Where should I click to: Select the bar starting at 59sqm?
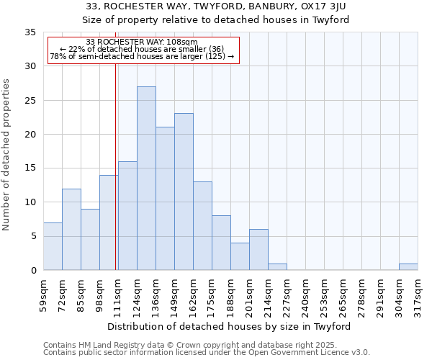[x=53, y=246]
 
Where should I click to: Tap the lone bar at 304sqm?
[x=408, y=266]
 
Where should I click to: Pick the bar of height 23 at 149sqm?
[x=184, y=192]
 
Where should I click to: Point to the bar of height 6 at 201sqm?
[x=258, y=250]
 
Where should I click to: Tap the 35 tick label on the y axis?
[x=30, y=32]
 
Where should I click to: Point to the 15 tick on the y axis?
[x=30, y=168]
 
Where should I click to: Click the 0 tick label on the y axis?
[x=33, y=270]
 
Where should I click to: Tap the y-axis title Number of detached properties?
[x=6, y=155]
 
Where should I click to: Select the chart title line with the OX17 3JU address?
[x=215, y=6]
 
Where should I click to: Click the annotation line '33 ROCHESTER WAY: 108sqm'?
[x=142, y=42]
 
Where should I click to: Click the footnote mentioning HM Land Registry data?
[x=205, y=345]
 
